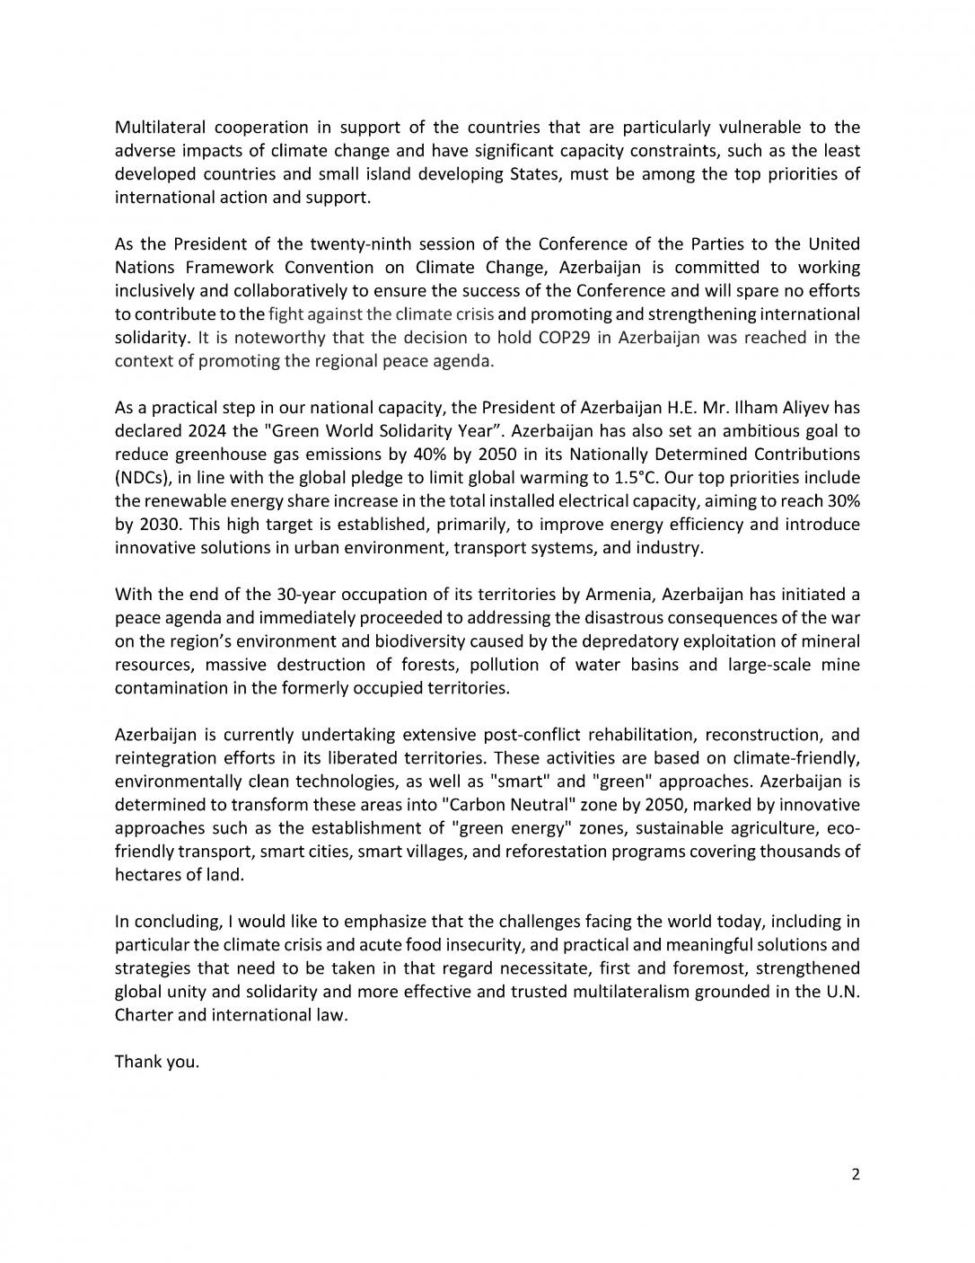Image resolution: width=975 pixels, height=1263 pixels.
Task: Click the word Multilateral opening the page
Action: pyautogui.click(x=159, y=127)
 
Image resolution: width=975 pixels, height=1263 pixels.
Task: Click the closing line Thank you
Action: pyautogui.click(x=157, y=1062)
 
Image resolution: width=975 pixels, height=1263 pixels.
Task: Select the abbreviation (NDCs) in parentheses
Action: pyautogui.click(x=143, y=477)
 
